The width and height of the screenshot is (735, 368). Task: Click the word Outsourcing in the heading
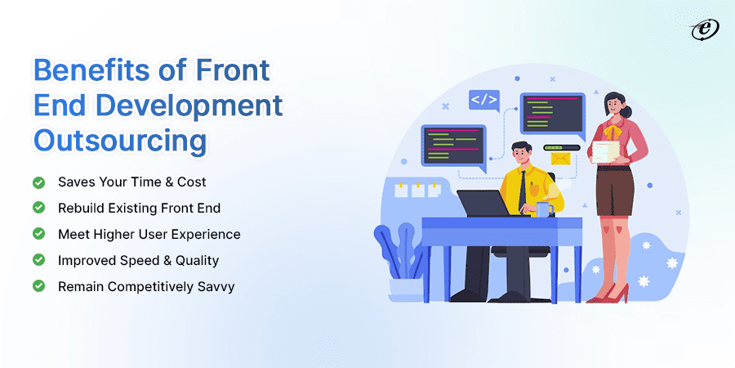[119, 140]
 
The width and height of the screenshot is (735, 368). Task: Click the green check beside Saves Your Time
[38, 182]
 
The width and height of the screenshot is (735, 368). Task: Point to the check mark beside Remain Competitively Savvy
[38, 286]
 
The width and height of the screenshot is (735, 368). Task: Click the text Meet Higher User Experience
[149, 234]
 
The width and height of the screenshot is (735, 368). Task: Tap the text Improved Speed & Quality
[138, 260]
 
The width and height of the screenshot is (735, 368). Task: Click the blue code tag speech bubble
[483, 101]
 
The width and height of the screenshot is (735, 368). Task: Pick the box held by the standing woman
[605, 151]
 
